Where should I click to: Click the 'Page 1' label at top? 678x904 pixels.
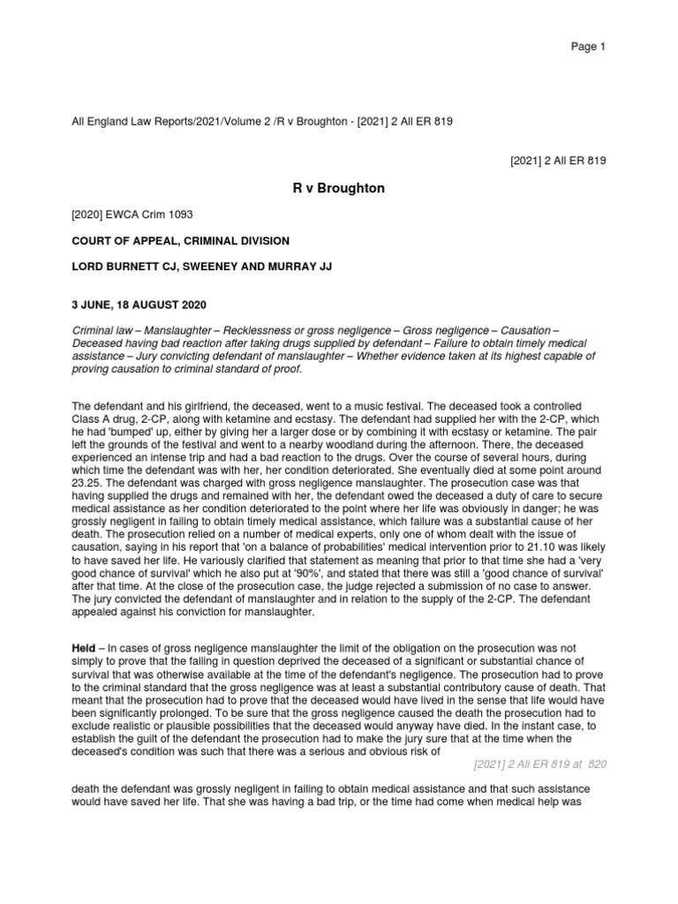click(589, 47)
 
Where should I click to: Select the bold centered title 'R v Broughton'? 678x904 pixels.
click(339, 188)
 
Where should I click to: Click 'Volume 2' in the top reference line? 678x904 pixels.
click(230, 121)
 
